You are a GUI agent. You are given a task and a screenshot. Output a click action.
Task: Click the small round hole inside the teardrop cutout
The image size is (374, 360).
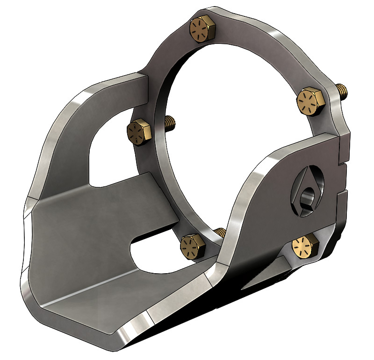(308, 197)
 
